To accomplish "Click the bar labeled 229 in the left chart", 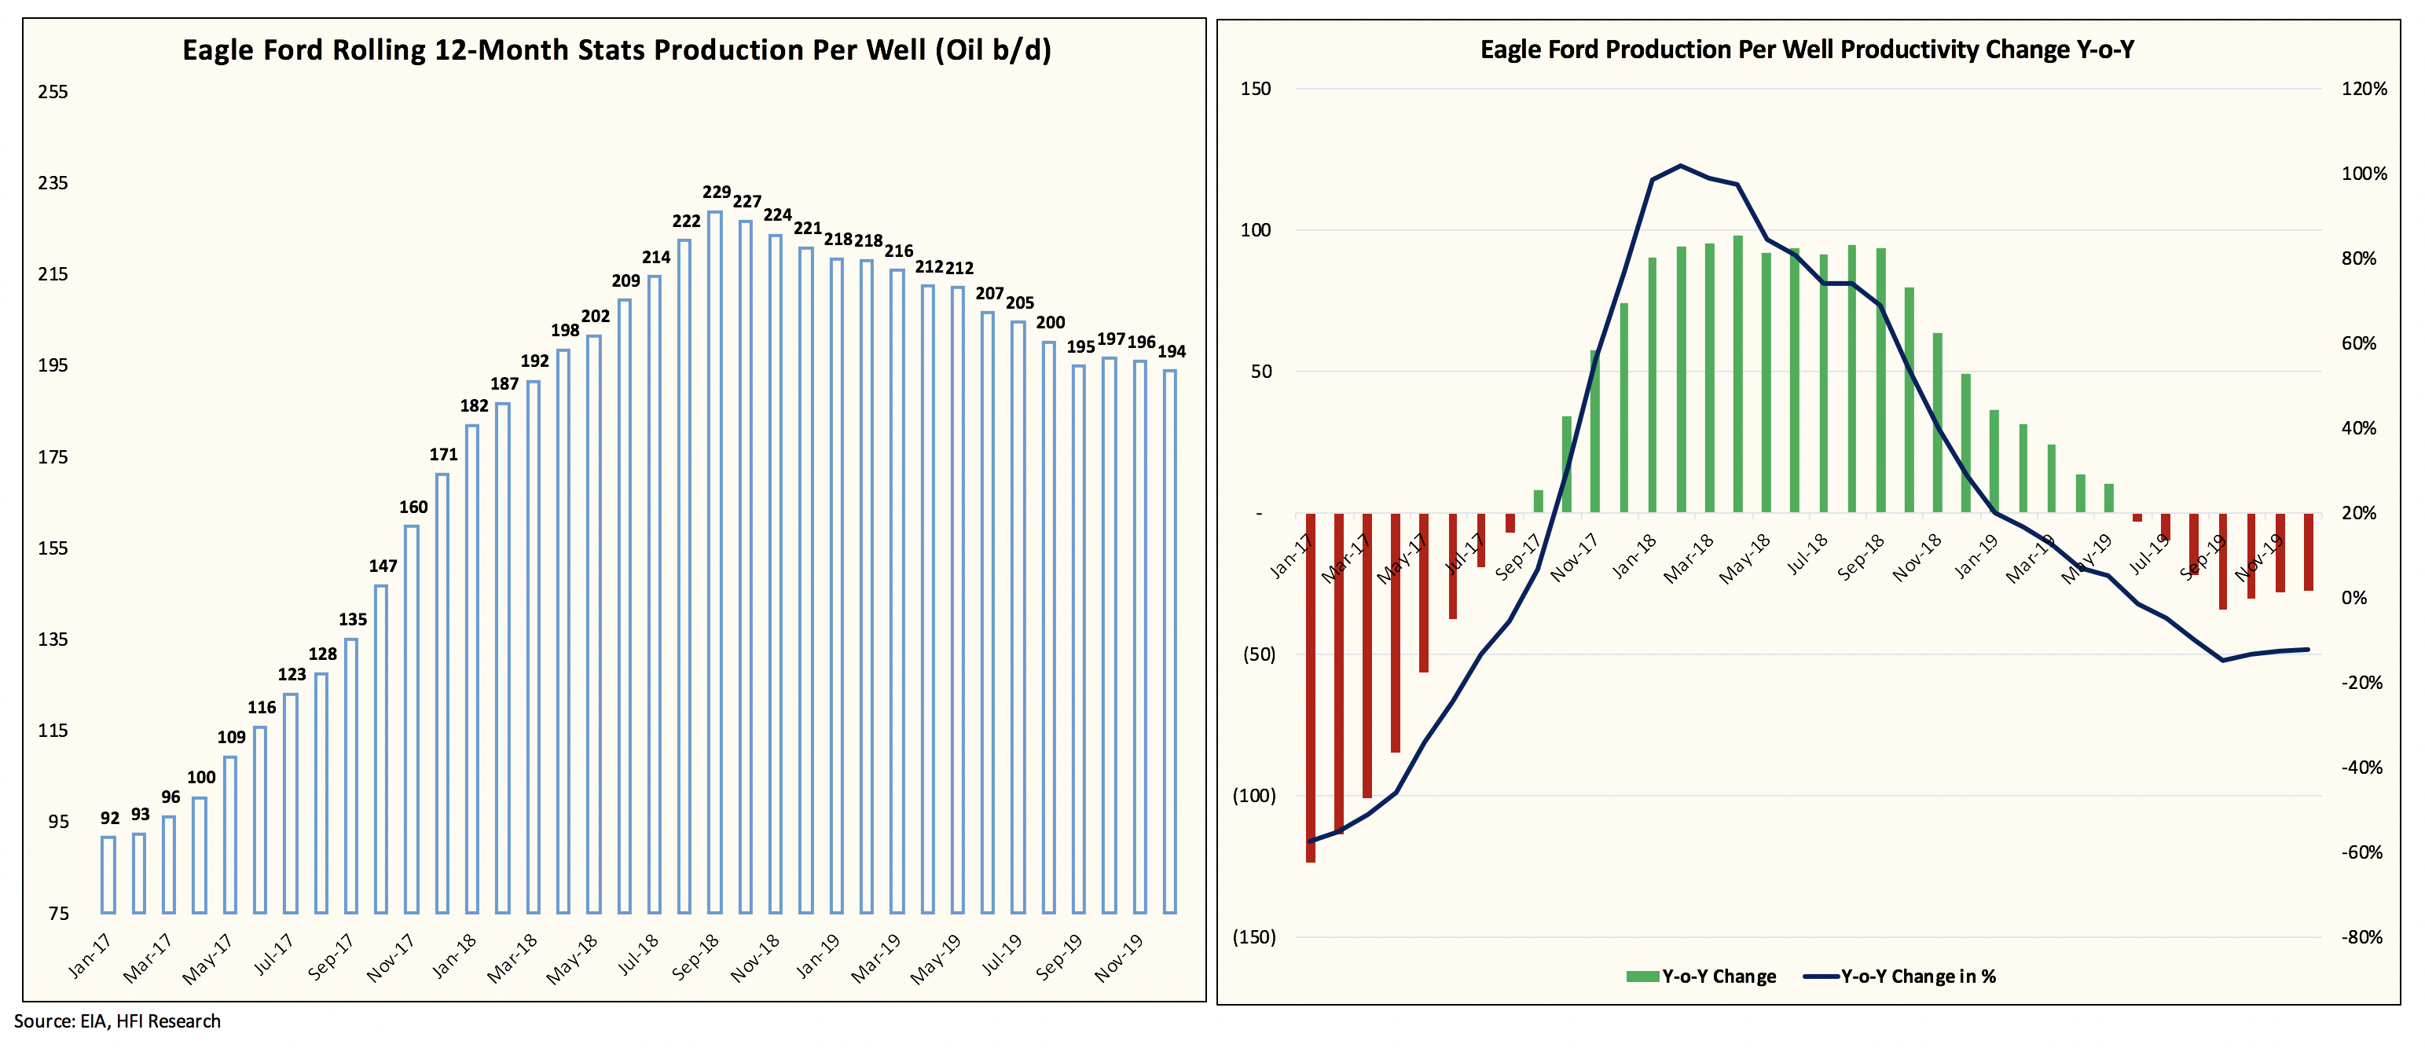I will point(714,562).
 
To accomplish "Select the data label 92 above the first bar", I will point(110,819).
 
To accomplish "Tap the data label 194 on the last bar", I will point(1171,352).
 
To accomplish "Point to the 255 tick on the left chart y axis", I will point(53,92).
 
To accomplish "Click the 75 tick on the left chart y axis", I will point(58,914).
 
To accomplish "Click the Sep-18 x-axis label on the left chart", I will point(695,956).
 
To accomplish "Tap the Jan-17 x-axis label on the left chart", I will point(90,956).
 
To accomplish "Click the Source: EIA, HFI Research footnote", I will point(117,1021).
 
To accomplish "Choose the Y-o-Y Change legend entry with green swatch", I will point(1701,977).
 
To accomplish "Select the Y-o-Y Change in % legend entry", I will point(1902,977).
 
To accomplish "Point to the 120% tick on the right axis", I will point(2364,90).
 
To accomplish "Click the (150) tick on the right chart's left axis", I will point(1254,937).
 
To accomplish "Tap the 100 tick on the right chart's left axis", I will point(1256,230).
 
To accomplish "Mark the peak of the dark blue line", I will point(1682,166).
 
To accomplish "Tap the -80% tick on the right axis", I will point(2362,937).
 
